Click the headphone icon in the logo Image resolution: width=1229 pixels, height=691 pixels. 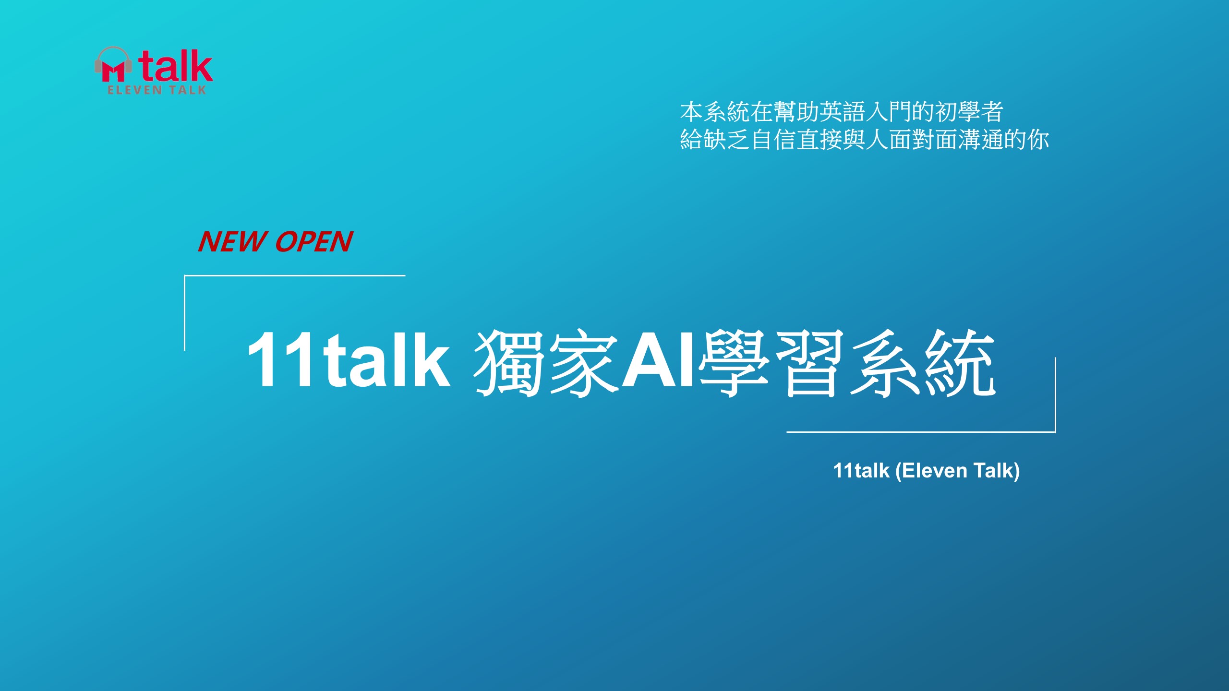pos(113,64)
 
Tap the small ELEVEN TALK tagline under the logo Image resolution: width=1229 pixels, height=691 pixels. pos(157,90)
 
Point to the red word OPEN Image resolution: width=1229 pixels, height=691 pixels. pos(314,241)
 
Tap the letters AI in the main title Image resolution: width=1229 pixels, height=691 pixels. pos(658,360)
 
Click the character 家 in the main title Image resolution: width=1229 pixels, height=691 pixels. pos(584,363)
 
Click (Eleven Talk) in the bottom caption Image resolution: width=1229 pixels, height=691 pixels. pos(957,471)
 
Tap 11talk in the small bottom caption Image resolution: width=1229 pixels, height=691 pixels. pos(861,471)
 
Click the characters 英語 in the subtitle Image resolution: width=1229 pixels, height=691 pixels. pos(843,112)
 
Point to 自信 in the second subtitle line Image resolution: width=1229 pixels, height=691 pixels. pos(773,140)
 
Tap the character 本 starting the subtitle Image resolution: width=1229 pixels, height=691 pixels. pos(692,112)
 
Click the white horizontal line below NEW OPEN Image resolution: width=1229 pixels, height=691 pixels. pos(295,275)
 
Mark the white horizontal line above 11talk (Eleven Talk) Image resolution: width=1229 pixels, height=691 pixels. pos(921,432)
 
